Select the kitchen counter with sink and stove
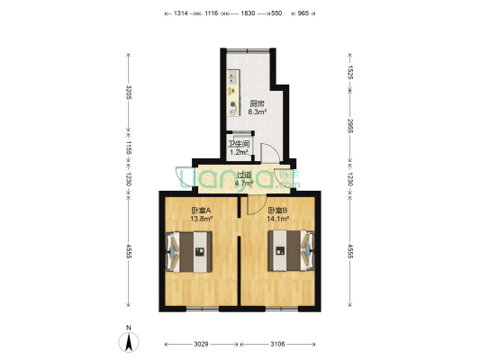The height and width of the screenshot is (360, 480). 233,94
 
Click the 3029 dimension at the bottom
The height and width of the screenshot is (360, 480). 200,343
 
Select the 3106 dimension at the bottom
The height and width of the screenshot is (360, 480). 277,343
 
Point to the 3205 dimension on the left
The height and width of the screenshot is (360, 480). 129,93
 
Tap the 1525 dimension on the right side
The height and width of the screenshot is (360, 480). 351,67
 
